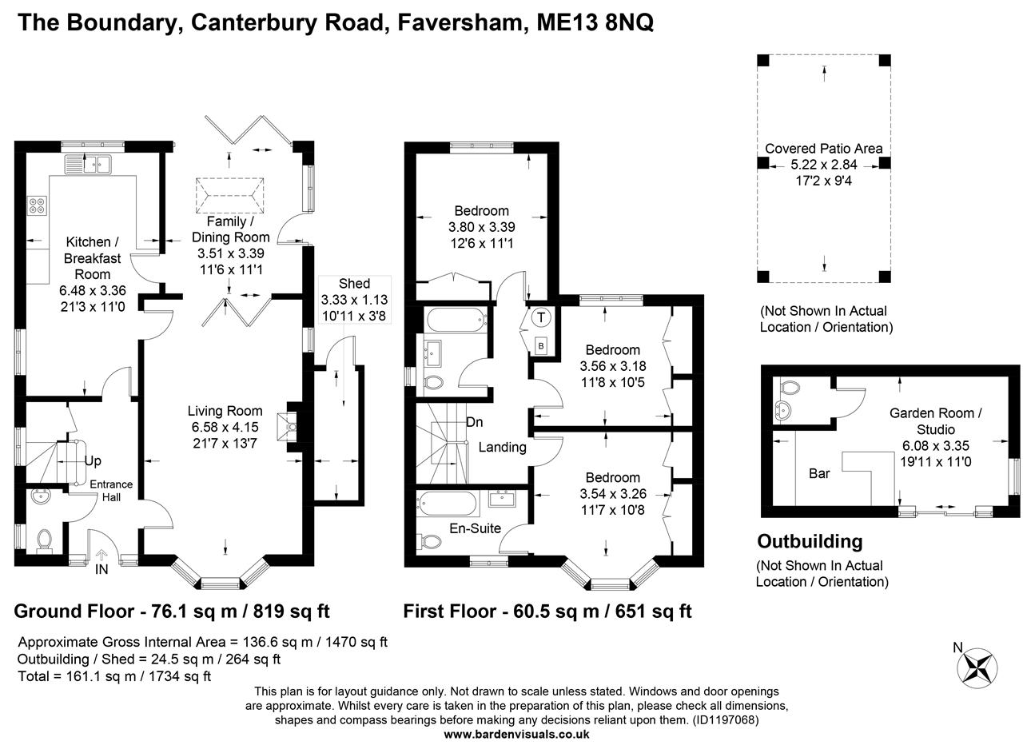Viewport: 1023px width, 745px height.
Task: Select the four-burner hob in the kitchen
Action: point(37,207)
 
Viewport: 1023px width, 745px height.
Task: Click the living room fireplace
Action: point(285,427)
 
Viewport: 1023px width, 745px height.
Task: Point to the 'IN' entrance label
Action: point(102,569)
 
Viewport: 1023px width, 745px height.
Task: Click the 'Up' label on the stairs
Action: point(93,461)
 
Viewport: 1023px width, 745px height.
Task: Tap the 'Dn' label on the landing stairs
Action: point(475,422)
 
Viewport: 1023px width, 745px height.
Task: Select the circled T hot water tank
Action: point(541,317)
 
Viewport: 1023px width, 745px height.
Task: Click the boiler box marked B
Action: point(541,345)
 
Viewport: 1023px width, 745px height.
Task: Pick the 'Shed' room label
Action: point(354,284)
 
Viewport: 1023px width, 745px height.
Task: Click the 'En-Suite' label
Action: point(475,528)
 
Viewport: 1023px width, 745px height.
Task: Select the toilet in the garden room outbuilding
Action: point(790,388)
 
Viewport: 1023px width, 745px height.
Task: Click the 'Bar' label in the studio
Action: point(819,473)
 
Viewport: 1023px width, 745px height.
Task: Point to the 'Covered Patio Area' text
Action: point(824,149)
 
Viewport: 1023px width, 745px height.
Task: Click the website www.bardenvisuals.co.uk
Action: point(516,734)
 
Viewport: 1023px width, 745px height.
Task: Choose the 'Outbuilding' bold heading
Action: point(810,541)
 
